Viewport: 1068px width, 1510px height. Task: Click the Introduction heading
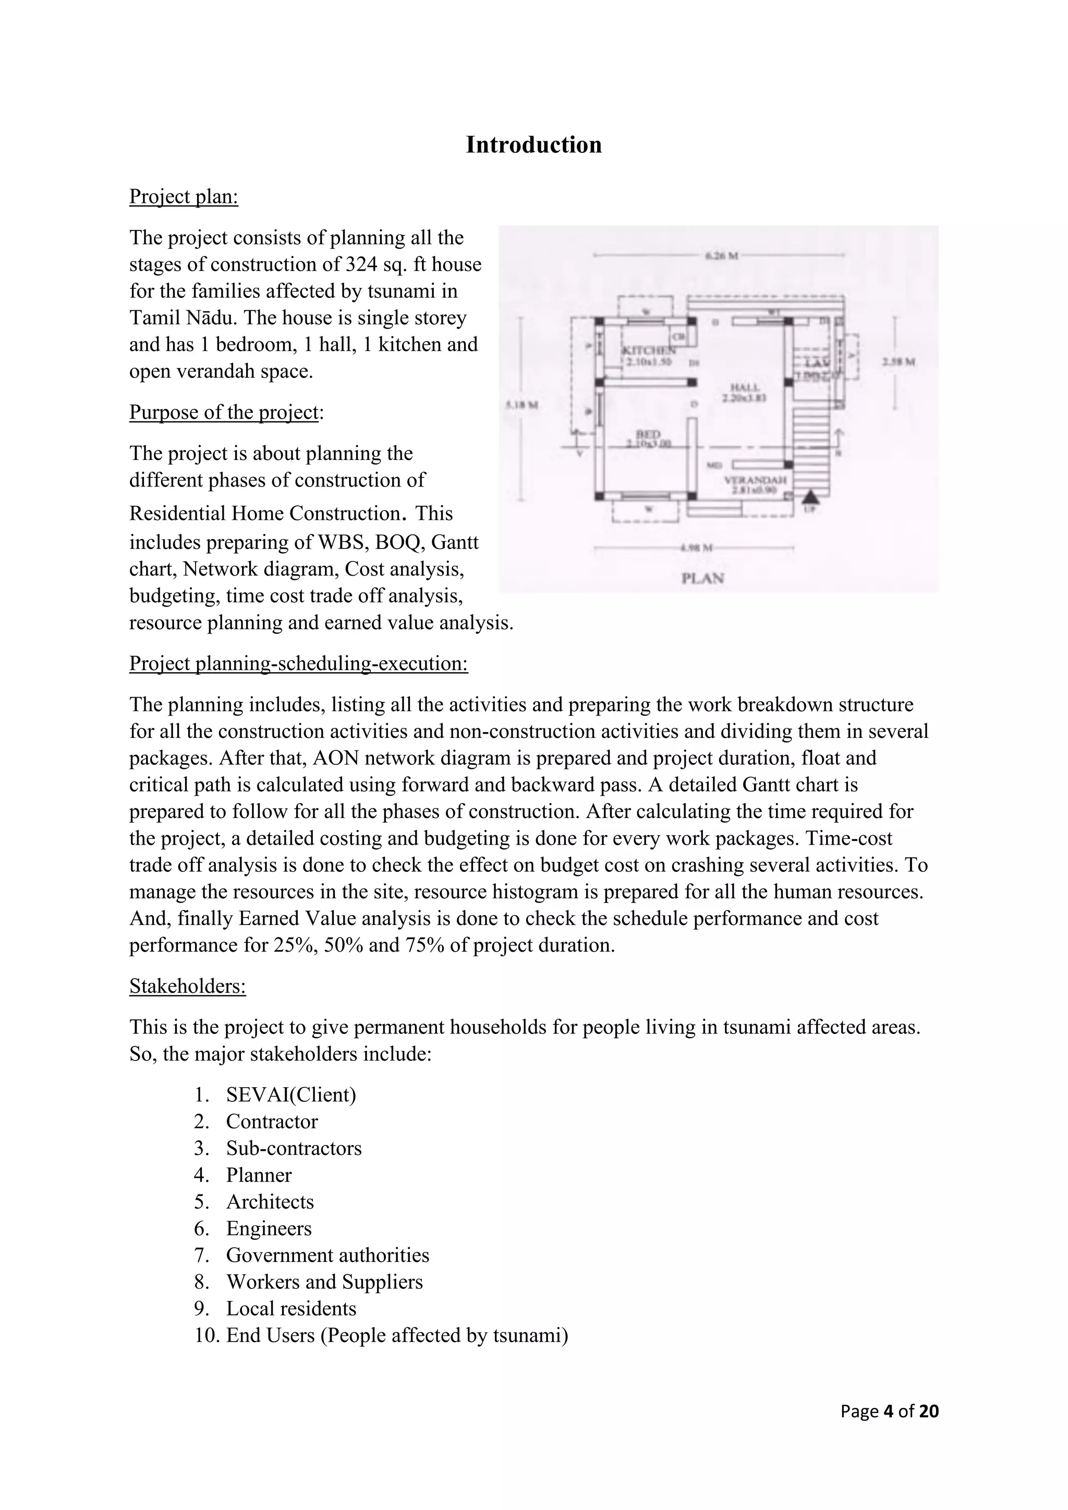533,144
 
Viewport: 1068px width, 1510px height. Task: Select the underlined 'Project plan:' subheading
184,197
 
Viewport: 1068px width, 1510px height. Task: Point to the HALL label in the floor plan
745,387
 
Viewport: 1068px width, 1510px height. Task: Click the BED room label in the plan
648,435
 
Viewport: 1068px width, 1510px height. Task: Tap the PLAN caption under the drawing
702,578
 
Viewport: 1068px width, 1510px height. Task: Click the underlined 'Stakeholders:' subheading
187,987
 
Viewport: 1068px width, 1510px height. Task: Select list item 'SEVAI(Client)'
290,1095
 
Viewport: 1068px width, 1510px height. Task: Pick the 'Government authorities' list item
327,1256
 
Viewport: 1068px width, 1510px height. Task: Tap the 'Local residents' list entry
290,1309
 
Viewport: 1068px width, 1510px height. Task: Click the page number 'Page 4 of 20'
889,1411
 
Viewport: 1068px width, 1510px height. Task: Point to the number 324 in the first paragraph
360,264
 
